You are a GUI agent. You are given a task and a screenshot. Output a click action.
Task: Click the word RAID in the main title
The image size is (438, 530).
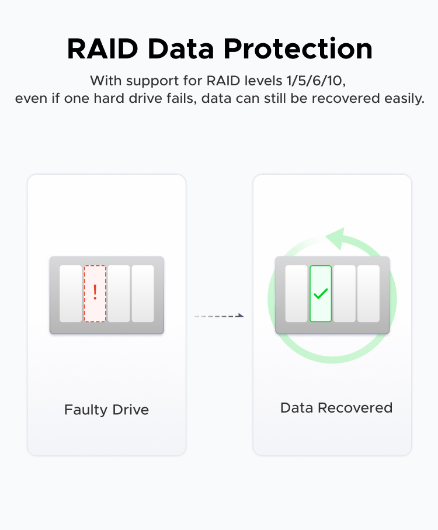pyautogui.click(x=103, y=49)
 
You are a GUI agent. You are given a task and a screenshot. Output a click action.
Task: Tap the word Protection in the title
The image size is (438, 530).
pyautogui.click(x=298, y=49)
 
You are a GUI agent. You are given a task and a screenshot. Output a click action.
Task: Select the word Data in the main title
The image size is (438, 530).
pyautogui.click(x=181, y=49)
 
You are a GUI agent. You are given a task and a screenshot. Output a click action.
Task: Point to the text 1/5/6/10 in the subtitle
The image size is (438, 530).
pyautogui.click(x=316, y=81)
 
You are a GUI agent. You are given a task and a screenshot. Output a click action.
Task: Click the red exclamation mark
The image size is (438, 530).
pyautogui.click(x=95, y=292)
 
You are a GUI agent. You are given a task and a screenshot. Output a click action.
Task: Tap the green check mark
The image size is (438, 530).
pyautogui.click(x=321, y=293)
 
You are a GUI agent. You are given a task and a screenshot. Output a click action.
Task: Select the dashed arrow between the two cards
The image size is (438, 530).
pyautogui.click(x=219, y=316)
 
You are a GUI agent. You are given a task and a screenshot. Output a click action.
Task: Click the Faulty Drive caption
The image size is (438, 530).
pyautogui.click(x=106, y=410)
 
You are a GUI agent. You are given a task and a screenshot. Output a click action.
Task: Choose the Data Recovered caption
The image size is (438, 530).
pyautogui.click(x=336, y=408)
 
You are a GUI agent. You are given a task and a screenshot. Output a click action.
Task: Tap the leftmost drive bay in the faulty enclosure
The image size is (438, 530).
pyautogui.click(x=71, y=294)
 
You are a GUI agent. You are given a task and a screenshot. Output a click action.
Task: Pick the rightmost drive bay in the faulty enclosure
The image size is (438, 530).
pyautogui.click(x=143, y=294)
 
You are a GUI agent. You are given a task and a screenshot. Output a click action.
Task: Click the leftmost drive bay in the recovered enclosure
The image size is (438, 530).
pyautogui.click(x=296, y=294)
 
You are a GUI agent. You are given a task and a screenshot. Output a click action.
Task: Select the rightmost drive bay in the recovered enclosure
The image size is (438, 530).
pyautogui.click(x=369, y=294)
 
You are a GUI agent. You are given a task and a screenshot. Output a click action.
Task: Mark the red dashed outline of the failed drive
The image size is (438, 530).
pyautogui.click(x=85, y=294)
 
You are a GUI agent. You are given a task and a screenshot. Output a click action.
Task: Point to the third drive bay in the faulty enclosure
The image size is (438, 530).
pyautogui.click(x=119, y=294)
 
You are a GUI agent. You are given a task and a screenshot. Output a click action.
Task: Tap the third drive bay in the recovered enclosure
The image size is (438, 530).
pyautogui.click(x=345, y=294)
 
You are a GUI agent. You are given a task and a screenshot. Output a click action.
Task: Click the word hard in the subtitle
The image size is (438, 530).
pyautogui.click(x=105, y=99)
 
